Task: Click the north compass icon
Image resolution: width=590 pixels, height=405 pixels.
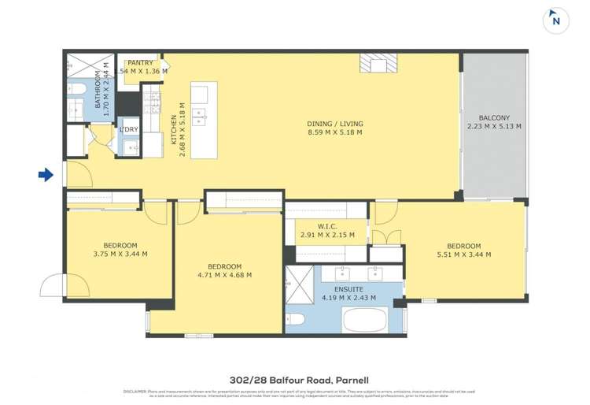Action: coord(555,20)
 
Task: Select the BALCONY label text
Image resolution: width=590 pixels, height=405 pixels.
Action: coord(493,117)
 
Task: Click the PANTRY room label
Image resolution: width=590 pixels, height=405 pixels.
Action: coord(140,62)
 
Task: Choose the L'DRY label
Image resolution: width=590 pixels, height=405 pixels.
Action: coord(129,129)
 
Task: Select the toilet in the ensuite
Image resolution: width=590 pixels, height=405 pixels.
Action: coord(297,319)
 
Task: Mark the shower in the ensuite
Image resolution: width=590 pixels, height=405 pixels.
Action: coord(299,280)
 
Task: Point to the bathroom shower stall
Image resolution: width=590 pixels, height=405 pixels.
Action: coord(79,65)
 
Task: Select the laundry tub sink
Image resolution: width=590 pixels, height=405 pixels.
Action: coord(129,146)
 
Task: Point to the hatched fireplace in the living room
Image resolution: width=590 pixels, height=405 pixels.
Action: coord(378,63)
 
